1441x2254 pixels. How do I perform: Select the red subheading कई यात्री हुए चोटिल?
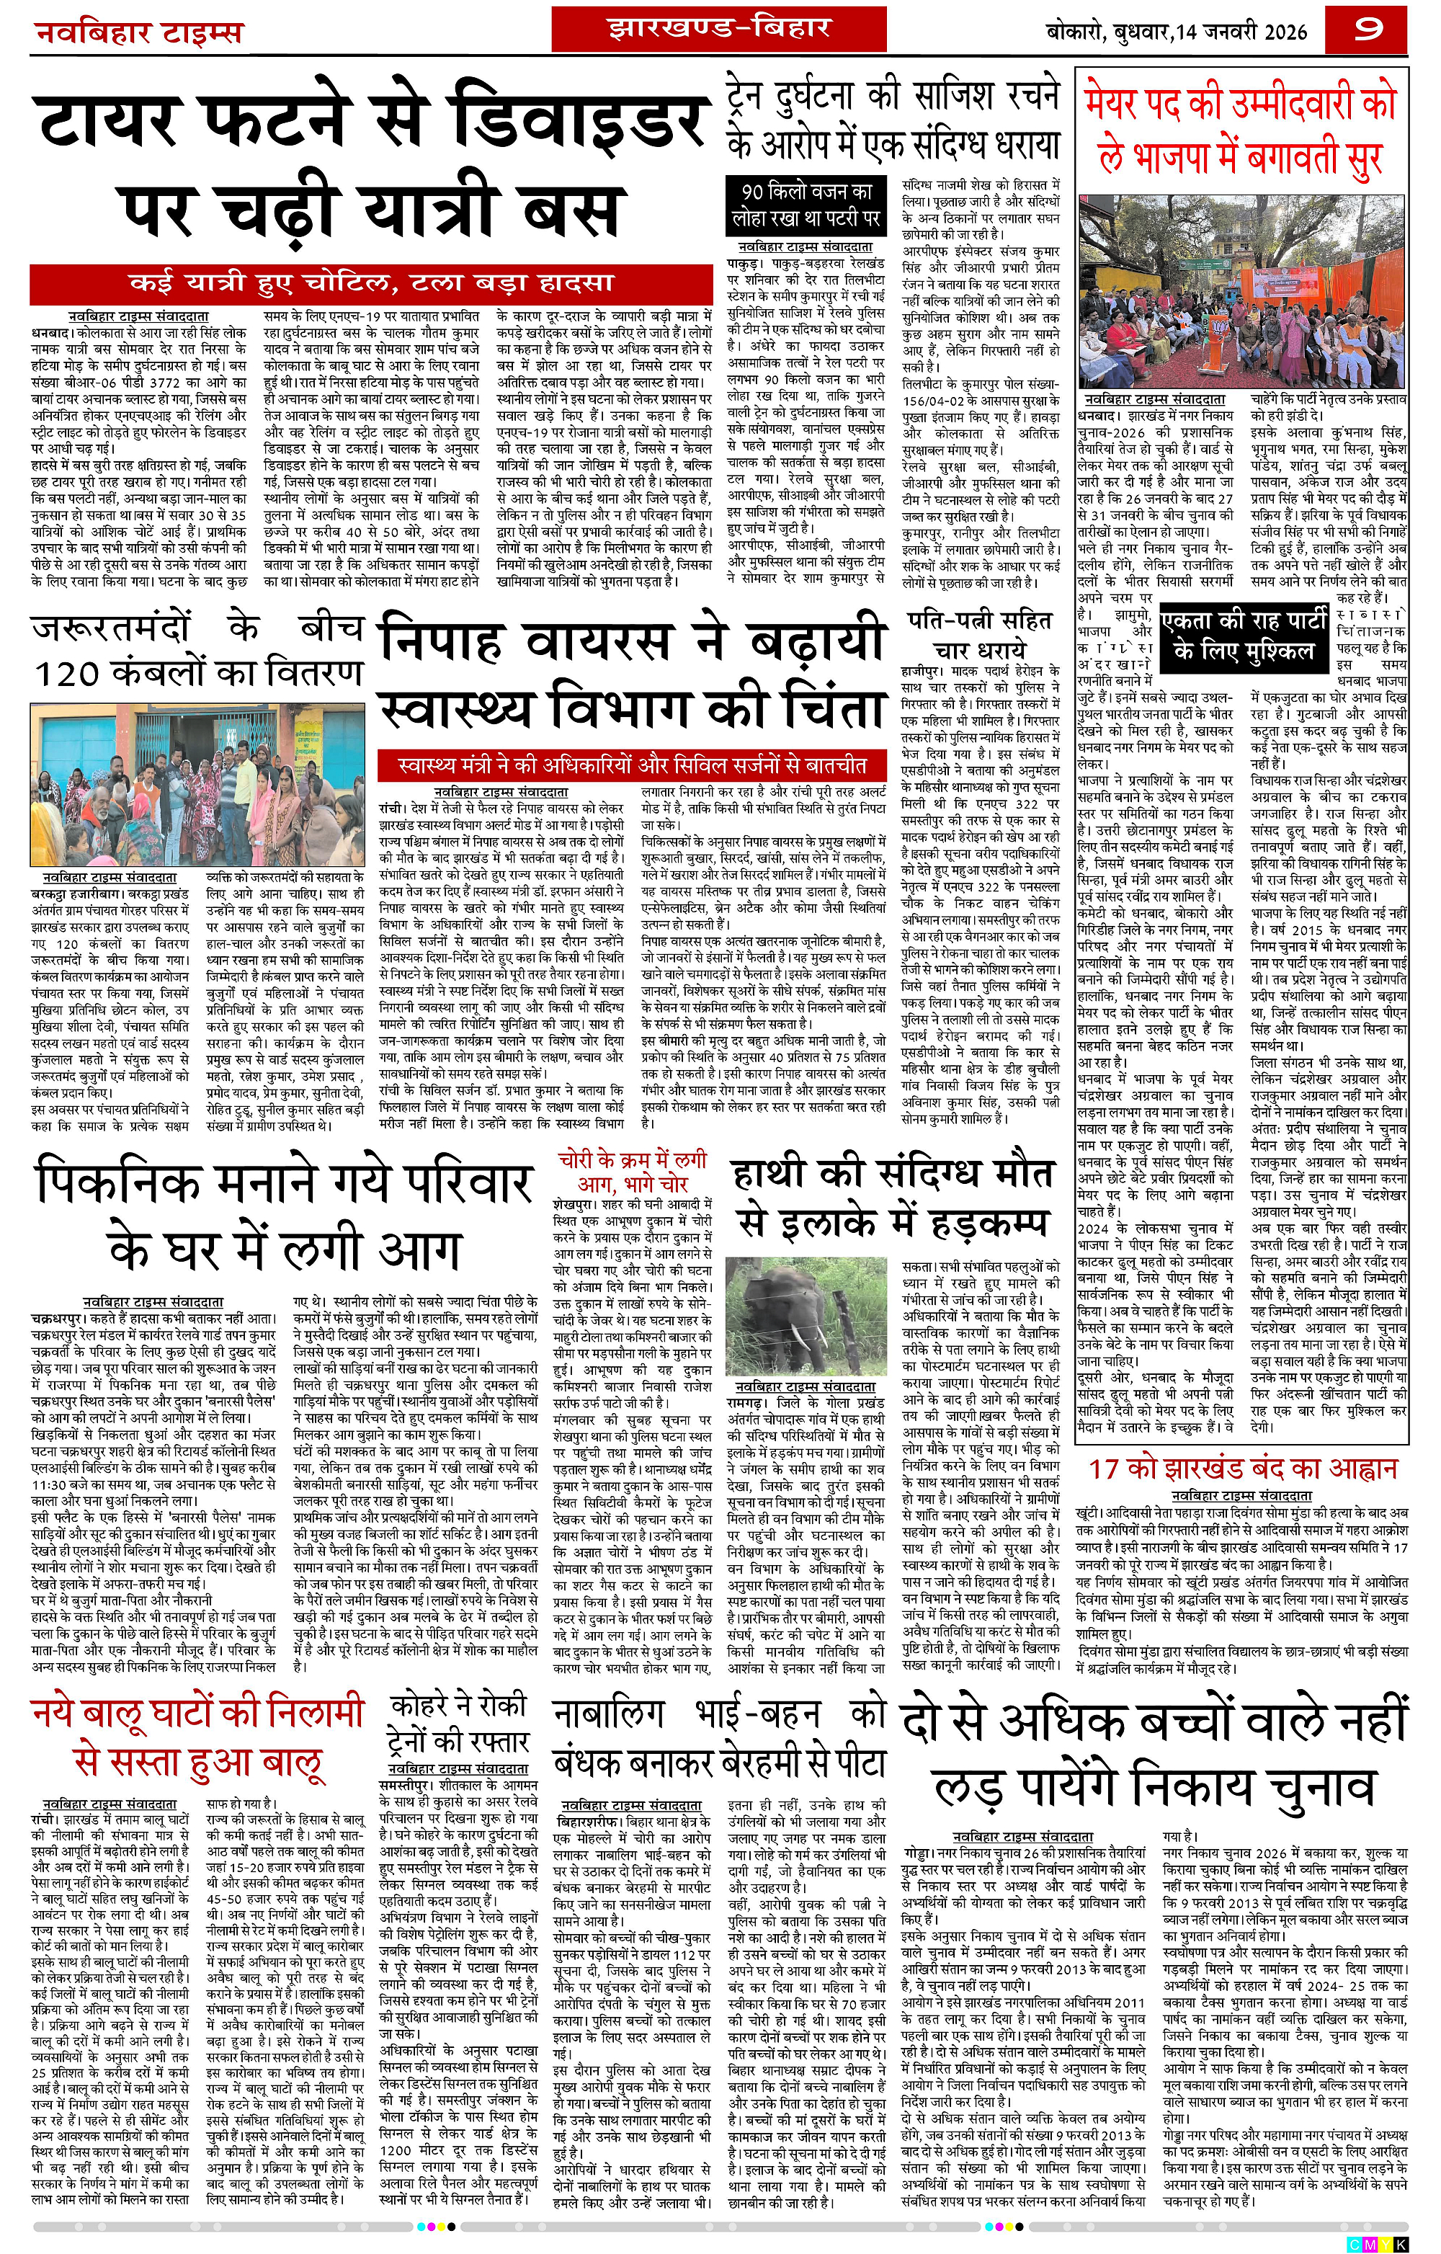[370, 282]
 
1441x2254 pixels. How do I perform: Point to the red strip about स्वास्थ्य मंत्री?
[633, 765]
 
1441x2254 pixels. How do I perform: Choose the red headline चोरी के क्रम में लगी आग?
[633, 1171]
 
